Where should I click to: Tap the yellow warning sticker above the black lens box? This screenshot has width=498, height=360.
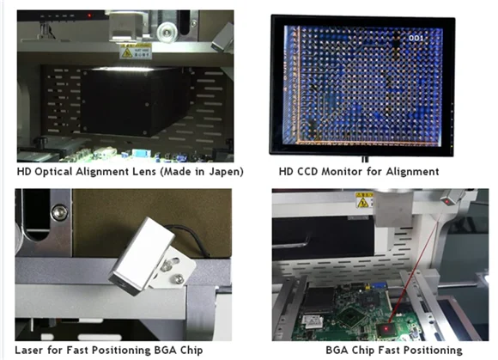point(135,51)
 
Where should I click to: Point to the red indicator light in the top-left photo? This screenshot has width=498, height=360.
point(89,15)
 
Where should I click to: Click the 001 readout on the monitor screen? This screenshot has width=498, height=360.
point(415,38)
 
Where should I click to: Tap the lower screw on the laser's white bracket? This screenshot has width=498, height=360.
point(176,278)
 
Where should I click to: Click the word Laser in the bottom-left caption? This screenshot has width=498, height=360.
point(31,350)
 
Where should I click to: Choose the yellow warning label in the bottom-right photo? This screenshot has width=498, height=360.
point(364,200)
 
